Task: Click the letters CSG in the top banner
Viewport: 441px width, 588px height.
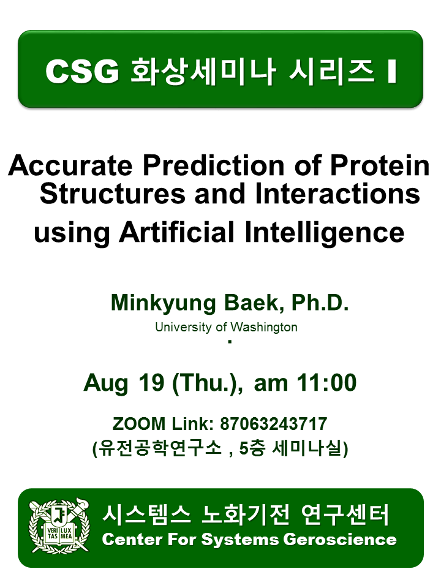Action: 82,71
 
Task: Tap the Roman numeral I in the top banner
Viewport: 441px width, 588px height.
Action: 392,71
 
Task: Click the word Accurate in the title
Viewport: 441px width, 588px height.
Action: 70,165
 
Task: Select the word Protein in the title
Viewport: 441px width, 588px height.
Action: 380,165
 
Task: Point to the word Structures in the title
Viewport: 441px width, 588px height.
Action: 113,194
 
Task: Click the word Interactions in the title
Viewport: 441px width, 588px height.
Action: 337,194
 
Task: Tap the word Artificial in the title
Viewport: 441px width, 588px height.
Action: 176,232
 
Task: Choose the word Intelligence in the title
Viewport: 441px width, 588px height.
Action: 325,233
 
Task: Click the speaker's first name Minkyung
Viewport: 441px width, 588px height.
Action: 164,303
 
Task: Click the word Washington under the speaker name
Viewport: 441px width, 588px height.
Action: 263,327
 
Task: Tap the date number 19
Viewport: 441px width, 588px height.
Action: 151,383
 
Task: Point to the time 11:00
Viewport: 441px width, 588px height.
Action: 326,383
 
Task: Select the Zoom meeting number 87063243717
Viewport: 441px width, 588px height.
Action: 274,424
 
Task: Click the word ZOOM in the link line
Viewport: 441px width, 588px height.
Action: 139,424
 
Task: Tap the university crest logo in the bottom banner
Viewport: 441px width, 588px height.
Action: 59,526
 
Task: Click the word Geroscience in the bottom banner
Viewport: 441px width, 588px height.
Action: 340,540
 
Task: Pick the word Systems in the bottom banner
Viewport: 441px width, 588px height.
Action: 240,540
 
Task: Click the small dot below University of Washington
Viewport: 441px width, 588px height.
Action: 230,342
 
